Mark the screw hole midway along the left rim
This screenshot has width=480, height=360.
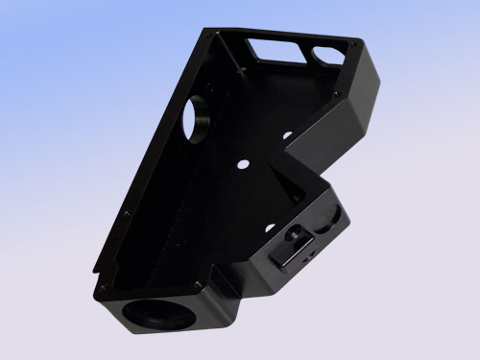[x=128, y=212]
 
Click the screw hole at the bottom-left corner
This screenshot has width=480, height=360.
[x=96, y=284]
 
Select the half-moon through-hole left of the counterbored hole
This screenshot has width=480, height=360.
[x=270, y=228]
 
